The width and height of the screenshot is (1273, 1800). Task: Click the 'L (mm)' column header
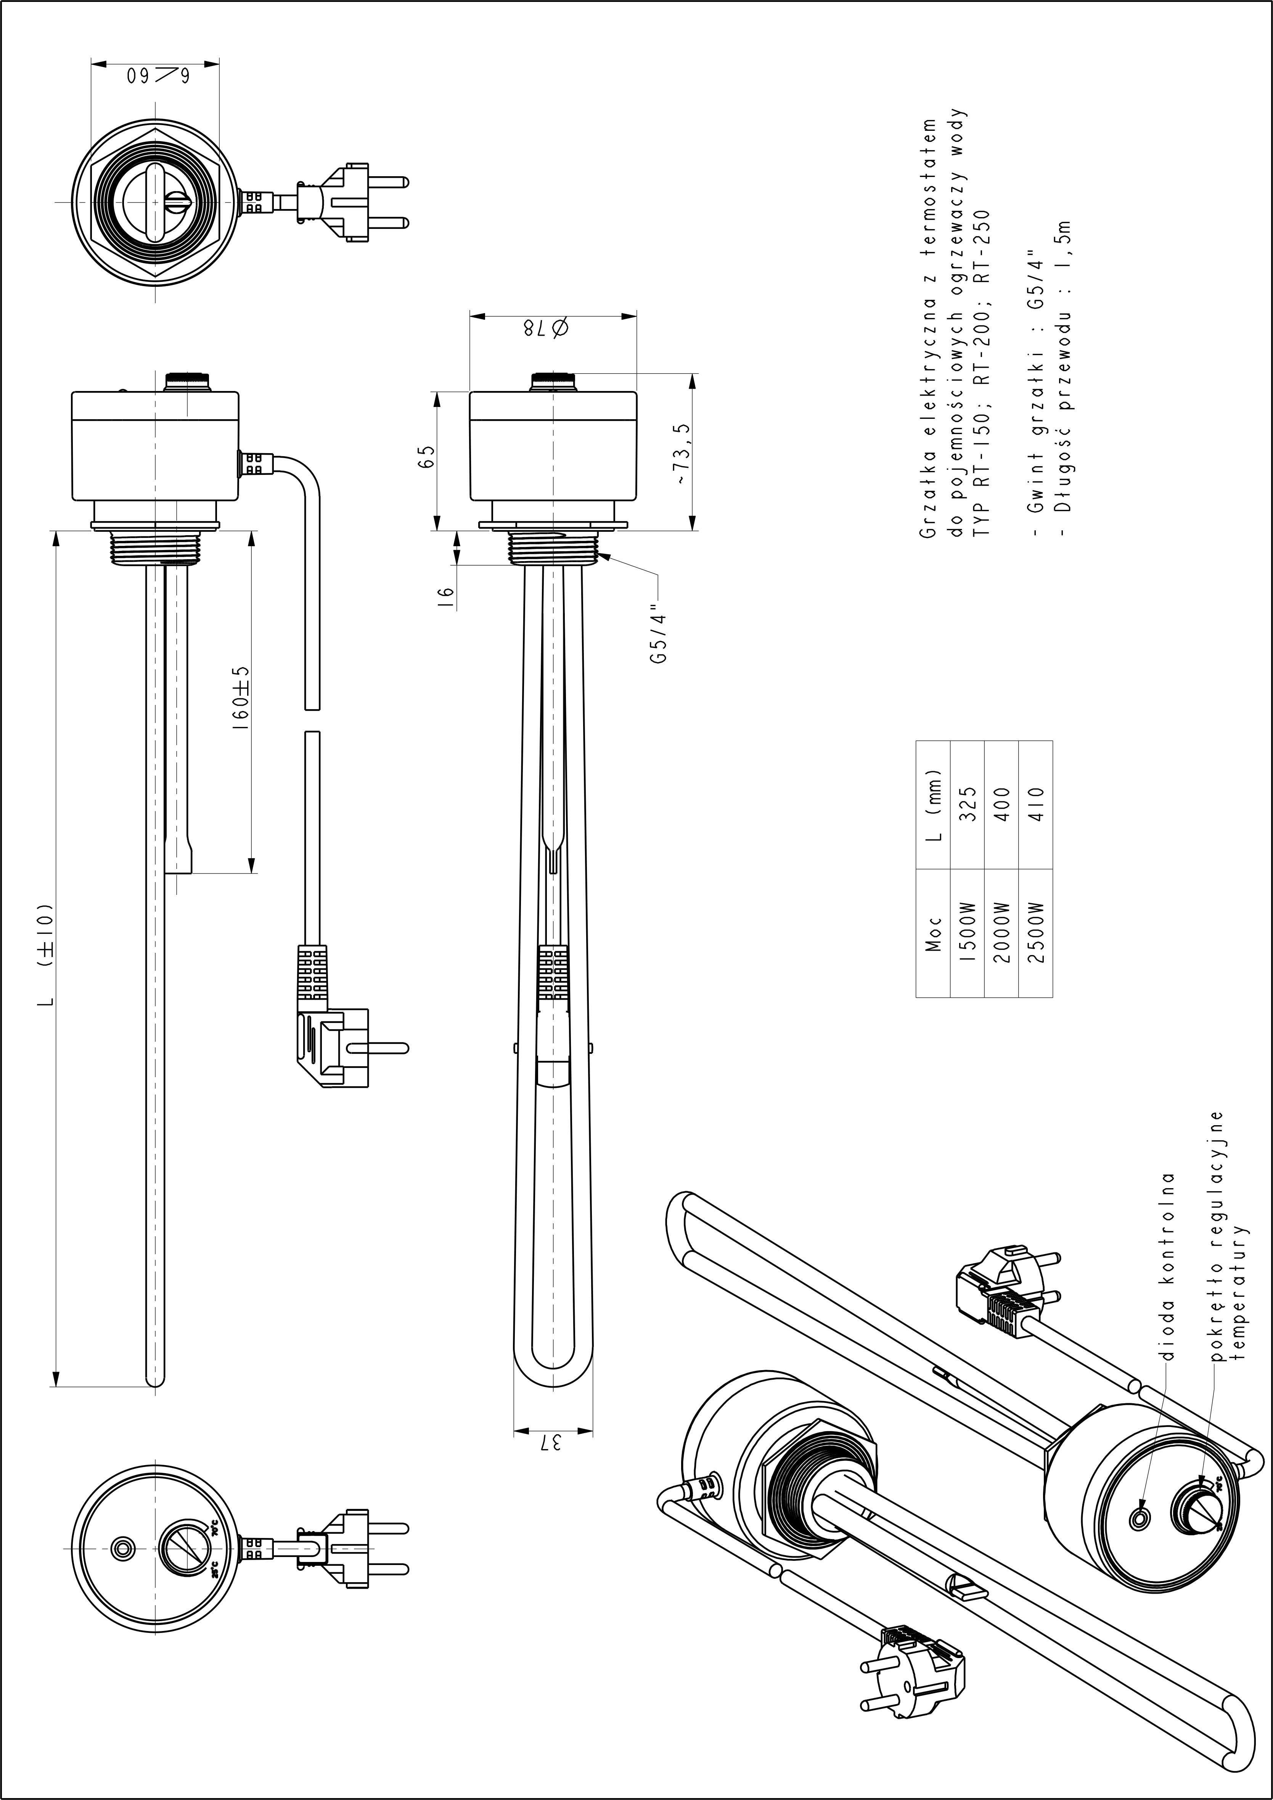(x=933, y=804)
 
